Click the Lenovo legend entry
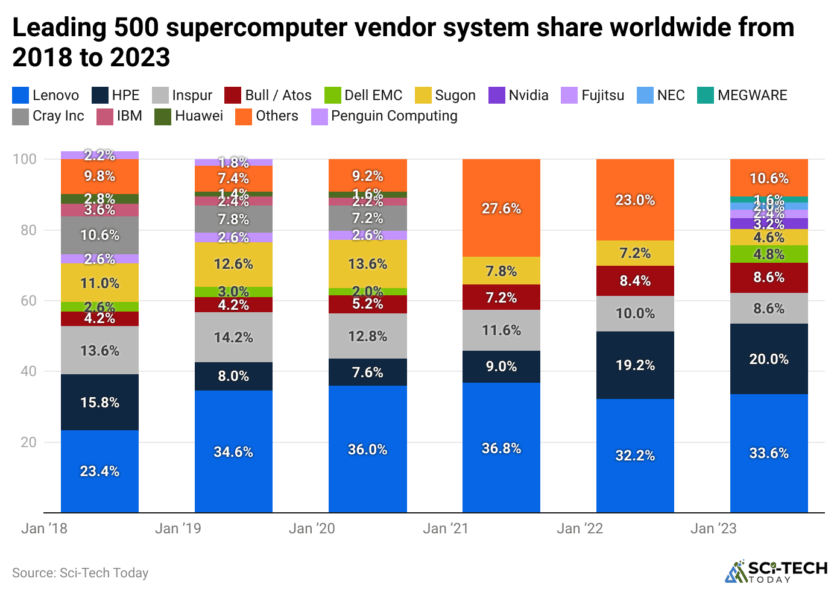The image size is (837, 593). pos(46,95)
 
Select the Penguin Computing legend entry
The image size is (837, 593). pos(384,116)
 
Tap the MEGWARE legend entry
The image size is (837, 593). pos(742,95)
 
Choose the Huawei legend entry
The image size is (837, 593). pos(189,116)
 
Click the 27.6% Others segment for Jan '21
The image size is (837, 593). pos(501,208)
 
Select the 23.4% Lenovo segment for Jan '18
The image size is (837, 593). pos(99,471)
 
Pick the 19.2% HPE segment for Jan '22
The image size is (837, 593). pos(635,365)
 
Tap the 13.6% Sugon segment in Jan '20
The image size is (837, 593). pos(367,263)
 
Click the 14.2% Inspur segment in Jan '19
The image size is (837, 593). pos(233,337)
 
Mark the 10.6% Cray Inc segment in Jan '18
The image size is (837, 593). pos(99,235)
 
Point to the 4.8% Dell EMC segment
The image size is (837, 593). pos(769,254)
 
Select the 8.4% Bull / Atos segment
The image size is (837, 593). pos(635,280)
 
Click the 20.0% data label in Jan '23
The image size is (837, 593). pos(769,359)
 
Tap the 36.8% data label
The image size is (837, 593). pos(501,448)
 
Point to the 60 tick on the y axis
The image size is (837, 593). pos(28,301)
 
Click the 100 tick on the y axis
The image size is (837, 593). pos(25,159)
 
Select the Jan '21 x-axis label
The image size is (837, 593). pos(446,529)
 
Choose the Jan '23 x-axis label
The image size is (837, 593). pos(713,529)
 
